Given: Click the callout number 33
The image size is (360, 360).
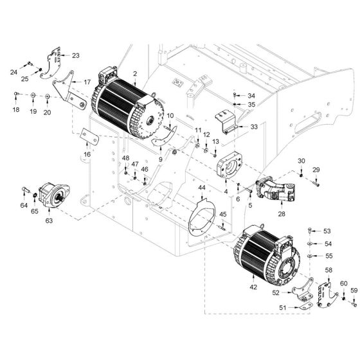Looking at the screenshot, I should pyautogui.click(x=254, y=127).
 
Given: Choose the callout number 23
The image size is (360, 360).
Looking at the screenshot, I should pyautogui.click(x=75, y=55).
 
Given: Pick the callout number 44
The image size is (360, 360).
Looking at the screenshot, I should pyautogui.click(x=202, y=187).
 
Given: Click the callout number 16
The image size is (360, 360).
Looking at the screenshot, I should pyautogui.click(x=87, y=154).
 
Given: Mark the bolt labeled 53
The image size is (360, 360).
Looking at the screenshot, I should pyautogui.click(x=310, y=230).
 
